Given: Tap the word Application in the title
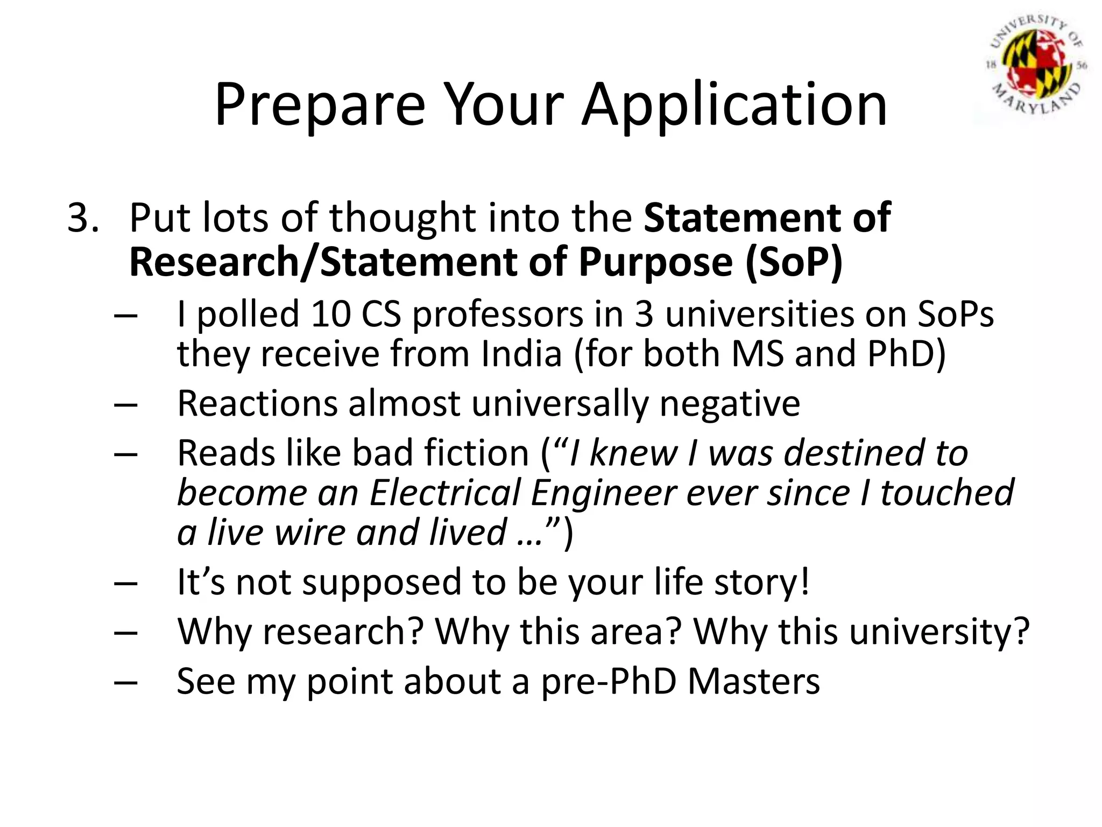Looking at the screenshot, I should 734,105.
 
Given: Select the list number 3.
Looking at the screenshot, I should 82,218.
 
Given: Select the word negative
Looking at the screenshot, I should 730,403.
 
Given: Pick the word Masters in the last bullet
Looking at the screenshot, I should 754,681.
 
